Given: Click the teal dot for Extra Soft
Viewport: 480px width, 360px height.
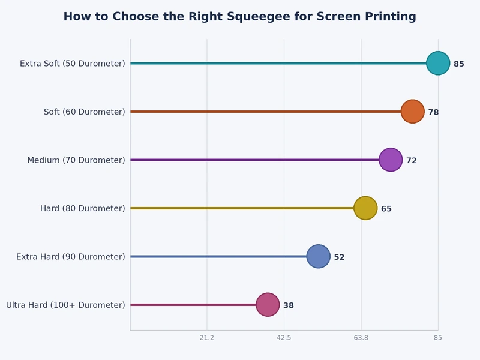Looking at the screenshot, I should (x=438, y=63).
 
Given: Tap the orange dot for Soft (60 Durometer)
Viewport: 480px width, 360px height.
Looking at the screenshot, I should (x=412, y=112).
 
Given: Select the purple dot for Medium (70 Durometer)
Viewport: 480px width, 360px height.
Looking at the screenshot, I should (x=391, y=160).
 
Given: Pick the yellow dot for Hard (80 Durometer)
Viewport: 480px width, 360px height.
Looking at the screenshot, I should (x=365, y=208).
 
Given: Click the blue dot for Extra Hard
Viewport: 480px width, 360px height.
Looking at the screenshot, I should (x=318, y=256).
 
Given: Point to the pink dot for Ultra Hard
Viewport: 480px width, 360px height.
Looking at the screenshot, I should (x=268, y=305).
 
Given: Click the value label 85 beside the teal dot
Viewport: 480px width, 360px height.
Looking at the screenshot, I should (x=459, y=64).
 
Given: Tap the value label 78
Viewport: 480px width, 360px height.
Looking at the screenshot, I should (x=433, y=112).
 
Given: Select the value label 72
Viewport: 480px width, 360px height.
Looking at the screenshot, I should (x=412, y=160).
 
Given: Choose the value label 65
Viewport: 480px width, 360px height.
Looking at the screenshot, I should (x=386, y=209).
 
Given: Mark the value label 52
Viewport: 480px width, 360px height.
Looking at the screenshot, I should (x=339, y=257).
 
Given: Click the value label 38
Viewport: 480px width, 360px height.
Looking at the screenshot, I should (x=289, y=305).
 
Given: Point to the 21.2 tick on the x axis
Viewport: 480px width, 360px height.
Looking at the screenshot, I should (x=207, y=338).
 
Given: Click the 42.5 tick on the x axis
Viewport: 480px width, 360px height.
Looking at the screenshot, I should (x=284, y=338).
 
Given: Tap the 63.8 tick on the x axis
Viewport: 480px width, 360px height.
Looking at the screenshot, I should (x=361, y=338).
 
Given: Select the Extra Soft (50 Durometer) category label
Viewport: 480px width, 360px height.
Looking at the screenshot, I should (x=73, y=64).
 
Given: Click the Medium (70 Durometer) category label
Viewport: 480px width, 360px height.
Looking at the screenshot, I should (x=76, y=160).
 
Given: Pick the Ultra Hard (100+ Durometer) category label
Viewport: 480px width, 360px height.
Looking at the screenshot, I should (x=65, y=305).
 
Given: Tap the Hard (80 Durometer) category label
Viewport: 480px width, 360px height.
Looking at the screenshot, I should (x=83, y=208).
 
